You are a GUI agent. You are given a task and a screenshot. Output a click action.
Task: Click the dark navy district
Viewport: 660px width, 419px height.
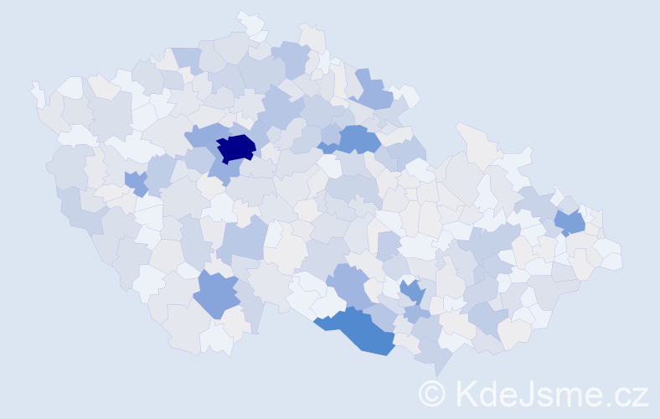(236, 147)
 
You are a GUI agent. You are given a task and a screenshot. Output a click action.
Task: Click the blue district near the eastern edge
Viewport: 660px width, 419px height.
(571, 222)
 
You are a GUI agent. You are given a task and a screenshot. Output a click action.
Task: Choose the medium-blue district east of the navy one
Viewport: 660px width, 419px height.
(356, 138)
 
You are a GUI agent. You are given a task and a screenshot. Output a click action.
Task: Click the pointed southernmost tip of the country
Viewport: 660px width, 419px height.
(440, 369)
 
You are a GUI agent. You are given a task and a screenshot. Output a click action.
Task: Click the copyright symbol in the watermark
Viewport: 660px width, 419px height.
(432, 394)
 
